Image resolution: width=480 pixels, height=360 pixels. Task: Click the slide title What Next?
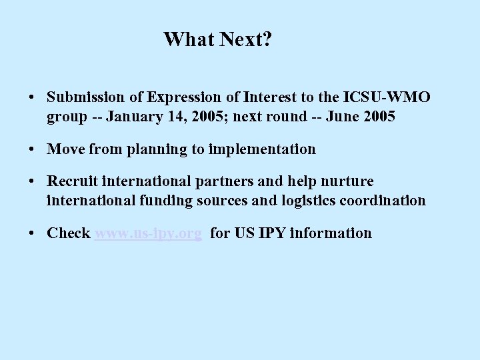click(x=217, y=39)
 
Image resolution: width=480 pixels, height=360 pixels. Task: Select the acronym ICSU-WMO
click(x=387, y=97)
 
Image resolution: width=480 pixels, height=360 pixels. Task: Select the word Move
click(x=65, y=149)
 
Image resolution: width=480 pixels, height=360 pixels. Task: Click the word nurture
click(x=349, y=181)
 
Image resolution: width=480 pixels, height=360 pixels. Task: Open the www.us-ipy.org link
click(x=148, y=233)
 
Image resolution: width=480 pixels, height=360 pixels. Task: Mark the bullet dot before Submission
click(x=32, y=99)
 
